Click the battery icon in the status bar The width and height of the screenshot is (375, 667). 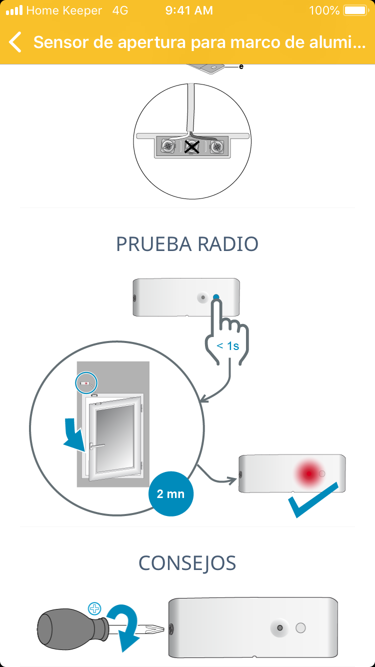(355, 10)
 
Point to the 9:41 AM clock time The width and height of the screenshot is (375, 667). (189, 10)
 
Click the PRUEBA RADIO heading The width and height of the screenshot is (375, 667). (187, 244)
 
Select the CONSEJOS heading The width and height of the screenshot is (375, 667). (187, 563)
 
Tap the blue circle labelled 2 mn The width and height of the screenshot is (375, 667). (170, 494)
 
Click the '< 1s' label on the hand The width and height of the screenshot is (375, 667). (227, 345)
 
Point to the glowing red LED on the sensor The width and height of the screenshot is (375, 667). (308, 473)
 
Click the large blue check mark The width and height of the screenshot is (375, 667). (315, 500)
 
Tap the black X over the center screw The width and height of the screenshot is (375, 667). (191, 146)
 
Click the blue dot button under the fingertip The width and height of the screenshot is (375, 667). (216, 297)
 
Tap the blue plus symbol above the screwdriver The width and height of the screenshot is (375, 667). (94, 608)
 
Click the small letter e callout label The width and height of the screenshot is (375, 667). (241, 66)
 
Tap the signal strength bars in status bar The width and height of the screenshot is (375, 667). (14, 10)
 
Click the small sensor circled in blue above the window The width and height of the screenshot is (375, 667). (86, 383)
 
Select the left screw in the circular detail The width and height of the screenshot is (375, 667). (168, 146)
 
